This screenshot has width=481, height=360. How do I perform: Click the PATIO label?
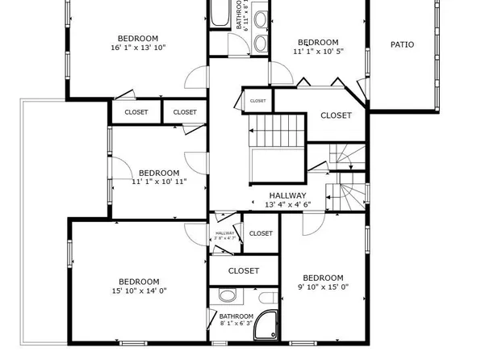[402, 44]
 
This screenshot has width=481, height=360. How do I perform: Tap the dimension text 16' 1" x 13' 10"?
[137, 48]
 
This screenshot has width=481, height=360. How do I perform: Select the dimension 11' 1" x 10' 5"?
[317, 52]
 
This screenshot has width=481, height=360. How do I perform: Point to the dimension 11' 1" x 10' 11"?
[159, 182]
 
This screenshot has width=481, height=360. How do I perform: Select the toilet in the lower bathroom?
[227, 295]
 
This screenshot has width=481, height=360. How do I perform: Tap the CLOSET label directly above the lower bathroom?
[244, 271]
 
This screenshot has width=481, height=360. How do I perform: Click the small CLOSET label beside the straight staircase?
[258, 101]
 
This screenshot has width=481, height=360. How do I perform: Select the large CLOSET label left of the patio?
[336, 115]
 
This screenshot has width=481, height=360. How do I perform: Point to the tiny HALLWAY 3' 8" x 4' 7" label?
[224, 237]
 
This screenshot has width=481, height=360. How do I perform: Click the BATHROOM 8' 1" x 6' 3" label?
[236, 320]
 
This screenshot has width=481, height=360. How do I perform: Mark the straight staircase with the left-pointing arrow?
[277, 130]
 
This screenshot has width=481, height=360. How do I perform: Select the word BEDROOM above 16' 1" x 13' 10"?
[138, 38]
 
